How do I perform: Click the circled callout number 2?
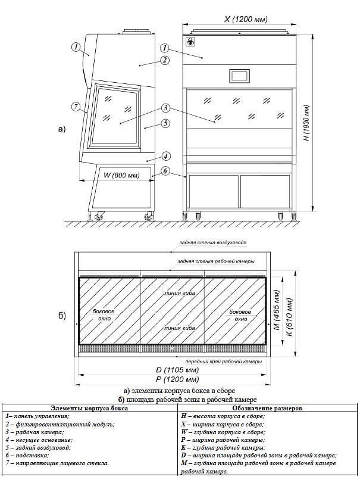tap(165, 60)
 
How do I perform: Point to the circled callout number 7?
tap(76, 107)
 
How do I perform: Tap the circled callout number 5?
tap(165, 124)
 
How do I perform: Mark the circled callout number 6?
tap(165, 170)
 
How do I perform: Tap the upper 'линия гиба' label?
tap(180, 292)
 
